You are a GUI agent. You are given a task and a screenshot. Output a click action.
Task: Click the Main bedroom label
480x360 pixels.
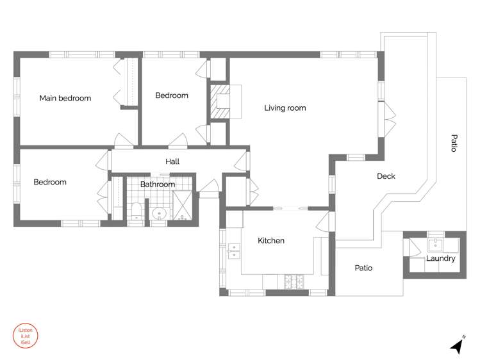point(65,99)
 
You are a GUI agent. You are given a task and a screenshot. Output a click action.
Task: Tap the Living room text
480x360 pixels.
point(285,108)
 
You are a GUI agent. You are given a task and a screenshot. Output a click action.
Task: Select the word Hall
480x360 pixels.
point(172,161)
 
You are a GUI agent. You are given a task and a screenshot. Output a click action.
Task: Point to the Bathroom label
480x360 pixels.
point(158,184)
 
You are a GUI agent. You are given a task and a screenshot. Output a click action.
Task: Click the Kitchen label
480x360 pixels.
point(271,241)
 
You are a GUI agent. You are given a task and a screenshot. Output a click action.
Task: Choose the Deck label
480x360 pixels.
point(386,176)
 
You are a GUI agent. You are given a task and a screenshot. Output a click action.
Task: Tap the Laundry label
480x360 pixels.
point(441,259)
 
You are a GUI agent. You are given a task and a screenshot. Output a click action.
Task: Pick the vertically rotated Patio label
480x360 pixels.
point(454,143)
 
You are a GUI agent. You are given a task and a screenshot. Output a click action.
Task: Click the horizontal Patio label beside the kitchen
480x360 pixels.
point(363,268)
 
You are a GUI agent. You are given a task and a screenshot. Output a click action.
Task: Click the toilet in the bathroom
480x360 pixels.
point(137,211)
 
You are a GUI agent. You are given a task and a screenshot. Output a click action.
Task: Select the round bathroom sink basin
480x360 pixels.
point(159,213)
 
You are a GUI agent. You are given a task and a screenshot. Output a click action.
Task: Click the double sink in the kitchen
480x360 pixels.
point(233,250)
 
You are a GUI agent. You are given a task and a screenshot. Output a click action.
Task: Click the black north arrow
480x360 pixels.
point(457,346)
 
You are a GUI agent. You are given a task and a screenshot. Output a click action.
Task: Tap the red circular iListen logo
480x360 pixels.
point(26,336)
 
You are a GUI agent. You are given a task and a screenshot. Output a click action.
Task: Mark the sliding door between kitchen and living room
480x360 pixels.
point(291,208)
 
